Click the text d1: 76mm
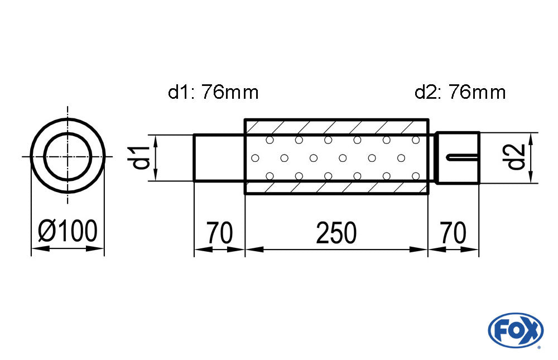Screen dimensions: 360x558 coord(213,92)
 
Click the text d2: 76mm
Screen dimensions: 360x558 coord(460,92)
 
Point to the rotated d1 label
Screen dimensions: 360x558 coord(142,157)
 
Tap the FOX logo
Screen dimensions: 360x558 coord(515,330)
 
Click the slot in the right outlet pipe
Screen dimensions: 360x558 coord(463,157)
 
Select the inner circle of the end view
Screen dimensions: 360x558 coord(68,156)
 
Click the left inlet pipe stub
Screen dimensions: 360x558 coord(219,157)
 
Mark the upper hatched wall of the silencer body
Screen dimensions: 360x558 coord(336,127)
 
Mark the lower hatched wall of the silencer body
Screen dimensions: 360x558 coord(336,188)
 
